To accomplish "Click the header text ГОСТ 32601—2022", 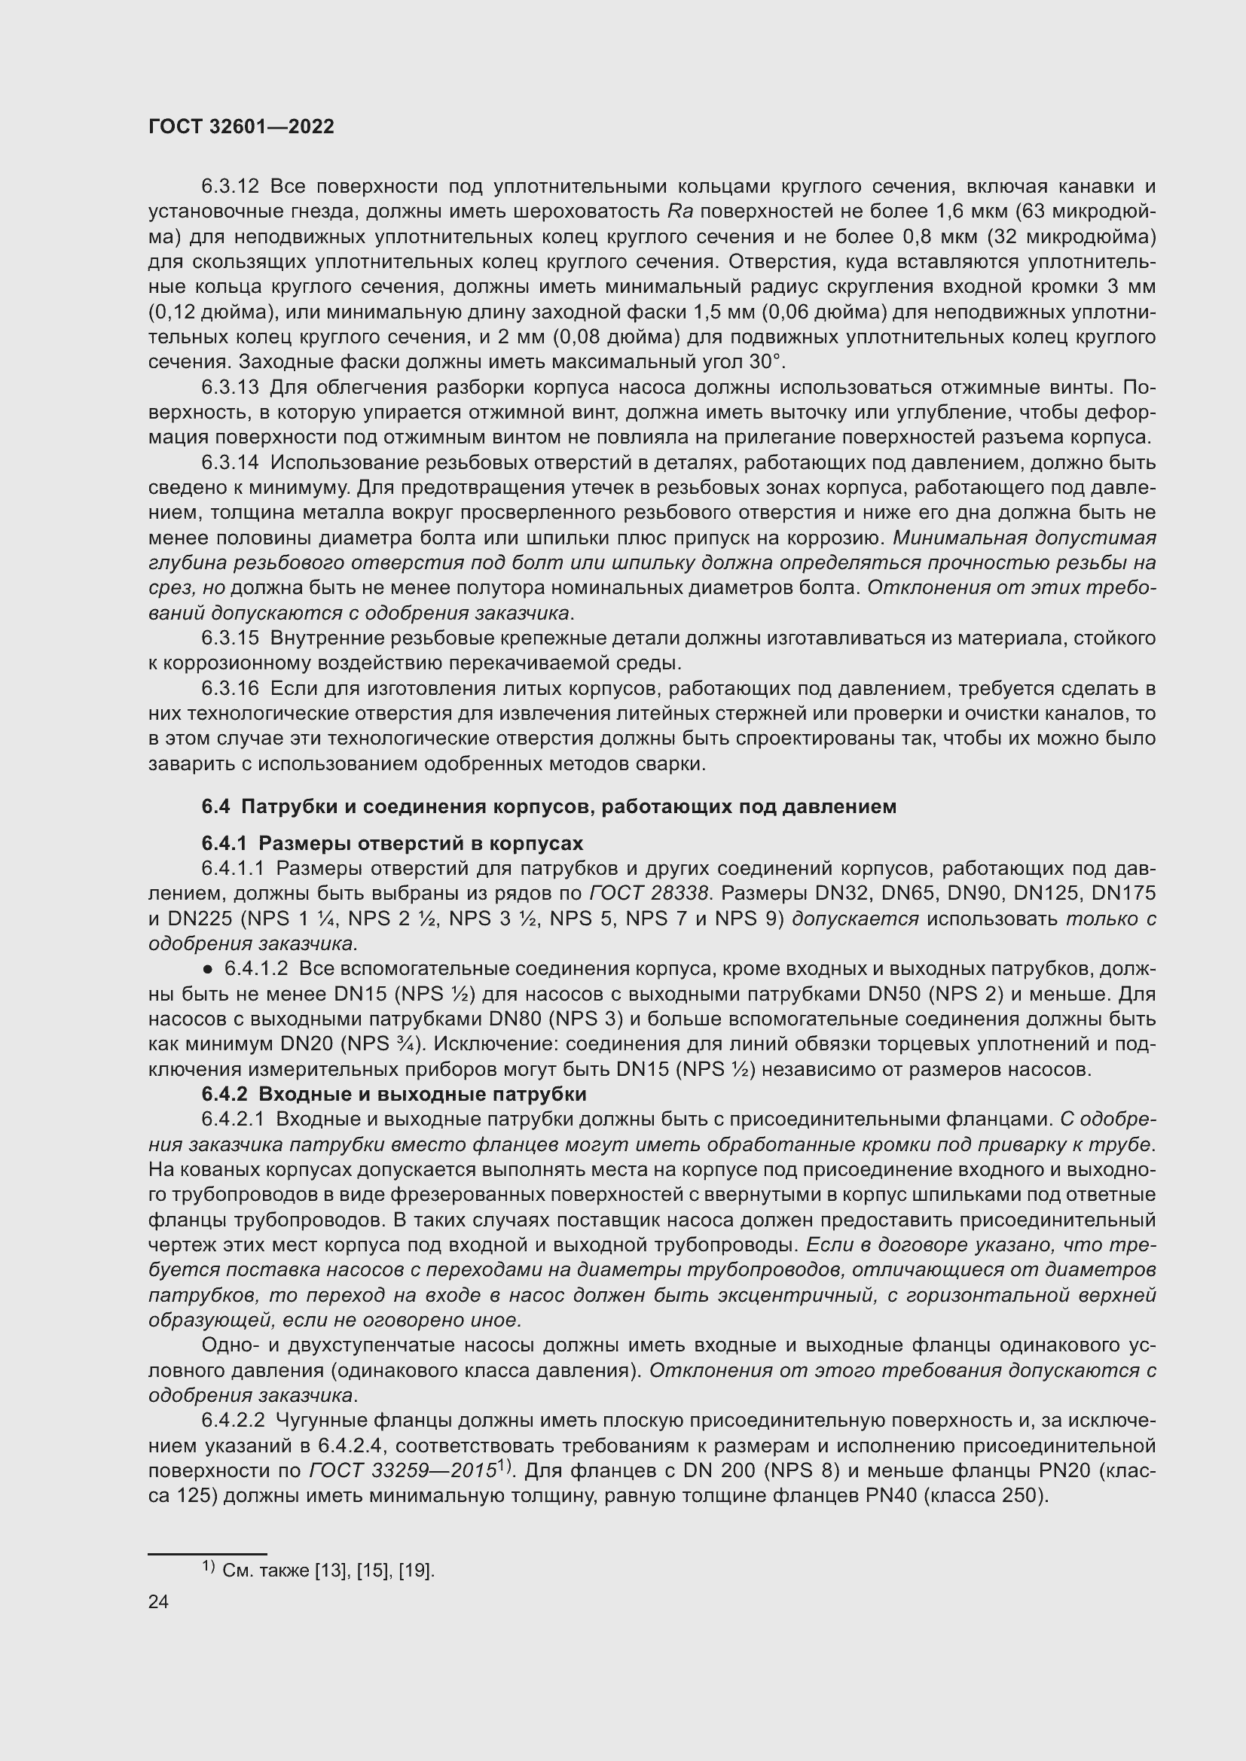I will click(241, 126).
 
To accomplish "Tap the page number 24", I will click(158, 1601).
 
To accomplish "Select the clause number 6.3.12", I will click(231, 187).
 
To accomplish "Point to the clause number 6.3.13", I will click(231, 387).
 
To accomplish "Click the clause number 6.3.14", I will click(231, 462).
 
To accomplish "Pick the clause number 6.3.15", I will click(231, 638).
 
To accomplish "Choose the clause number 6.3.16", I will click(231, 688).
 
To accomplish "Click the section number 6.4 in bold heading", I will click(215, 806).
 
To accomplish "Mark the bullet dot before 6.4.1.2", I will click(209, 970).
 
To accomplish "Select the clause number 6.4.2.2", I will click(234, 1421).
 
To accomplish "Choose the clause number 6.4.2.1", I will click(234, 1120).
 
